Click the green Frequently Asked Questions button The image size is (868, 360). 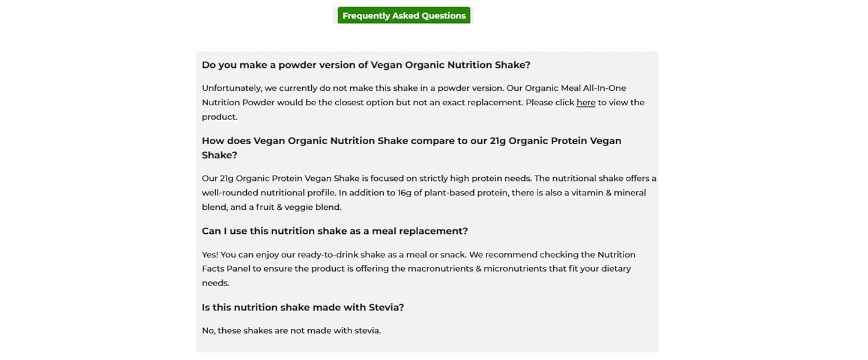tap(404, 16)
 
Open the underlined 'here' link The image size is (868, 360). tap(586, 103)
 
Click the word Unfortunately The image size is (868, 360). tap(232, 88)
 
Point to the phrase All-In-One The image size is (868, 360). tap(604, 88)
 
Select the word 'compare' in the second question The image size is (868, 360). tap(431, 141)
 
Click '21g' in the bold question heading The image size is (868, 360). tap(497, 141)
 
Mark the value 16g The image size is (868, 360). tap(404, 193)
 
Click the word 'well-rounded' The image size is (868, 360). tap(230, 193)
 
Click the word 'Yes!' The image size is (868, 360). tap(210, 255)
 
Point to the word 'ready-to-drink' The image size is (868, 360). tap(327, 255)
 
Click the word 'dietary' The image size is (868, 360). tap(616, 269)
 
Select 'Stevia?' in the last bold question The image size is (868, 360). tap(386, 308)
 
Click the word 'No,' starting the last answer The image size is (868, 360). tap(208, 331)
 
